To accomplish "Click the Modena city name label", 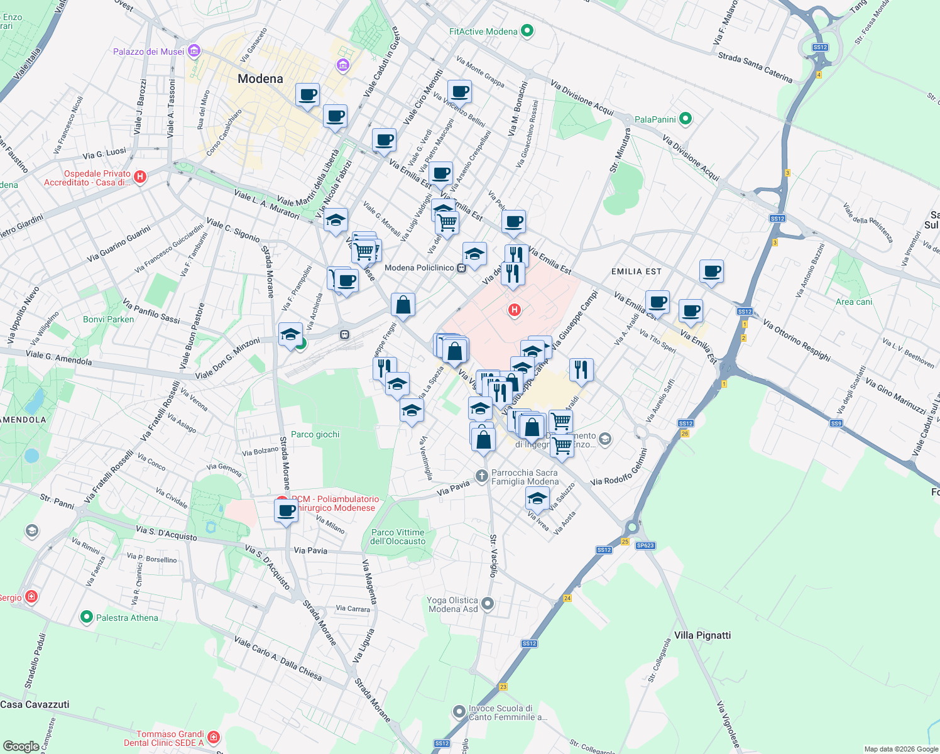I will point(260,79).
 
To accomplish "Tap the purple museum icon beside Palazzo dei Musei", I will point(194,51).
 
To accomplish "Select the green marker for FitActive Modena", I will point(527,31).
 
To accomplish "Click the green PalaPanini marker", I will point(686,119).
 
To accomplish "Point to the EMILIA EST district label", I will point(636,271).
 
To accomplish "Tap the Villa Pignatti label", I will point(702,635).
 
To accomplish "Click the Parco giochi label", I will point(315,434).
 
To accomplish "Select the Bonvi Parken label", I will point(109,319).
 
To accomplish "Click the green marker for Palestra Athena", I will point(87,618).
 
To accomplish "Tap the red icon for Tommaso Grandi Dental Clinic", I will point(214,736).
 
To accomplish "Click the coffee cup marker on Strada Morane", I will point(286,511).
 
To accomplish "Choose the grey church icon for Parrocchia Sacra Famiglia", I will point(482,476).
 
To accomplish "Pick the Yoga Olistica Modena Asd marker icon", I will point(488,604).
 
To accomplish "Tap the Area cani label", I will point(854,302).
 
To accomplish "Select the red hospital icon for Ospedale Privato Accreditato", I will point(140,177).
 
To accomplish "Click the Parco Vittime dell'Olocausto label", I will point(398,537).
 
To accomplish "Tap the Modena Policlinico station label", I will point(419,268).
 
